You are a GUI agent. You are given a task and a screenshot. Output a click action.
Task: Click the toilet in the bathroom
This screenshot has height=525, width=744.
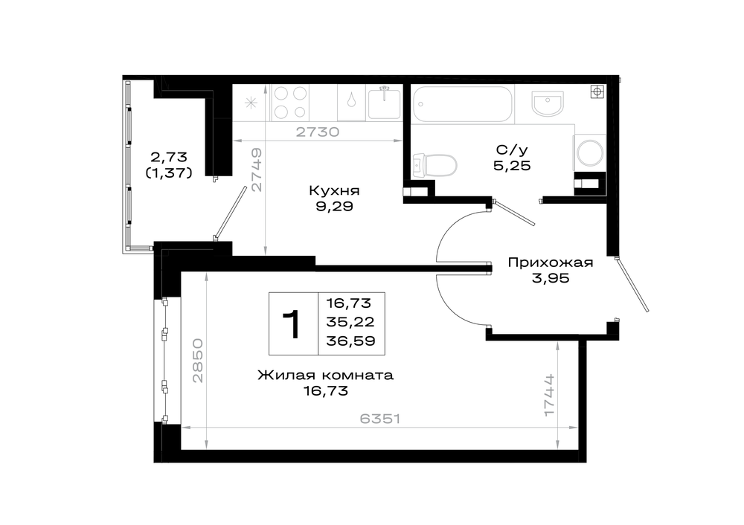(435, 165)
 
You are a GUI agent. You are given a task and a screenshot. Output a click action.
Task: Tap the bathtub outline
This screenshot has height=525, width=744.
(463, 104)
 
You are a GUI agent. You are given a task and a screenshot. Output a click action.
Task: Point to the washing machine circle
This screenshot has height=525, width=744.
(590, 152)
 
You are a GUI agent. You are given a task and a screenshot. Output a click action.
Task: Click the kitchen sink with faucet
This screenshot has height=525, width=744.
(384, 103)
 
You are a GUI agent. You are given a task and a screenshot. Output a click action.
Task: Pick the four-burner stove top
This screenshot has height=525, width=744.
(289, 103)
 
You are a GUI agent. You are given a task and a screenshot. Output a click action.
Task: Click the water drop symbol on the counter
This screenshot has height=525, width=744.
(351, 100)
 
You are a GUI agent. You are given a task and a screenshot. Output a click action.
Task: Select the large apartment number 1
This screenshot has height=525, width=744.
(292, 324)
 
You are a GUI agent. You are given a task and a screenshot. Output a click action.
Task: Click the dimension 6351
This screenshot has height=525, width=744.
(380, 419)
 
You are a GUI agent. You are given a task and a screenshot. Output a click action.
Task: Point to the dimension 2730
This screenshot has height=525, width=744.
(318, 132)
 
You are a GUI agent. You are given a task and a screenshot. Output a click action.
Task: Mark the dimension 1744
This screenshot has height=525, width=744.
(549, 395)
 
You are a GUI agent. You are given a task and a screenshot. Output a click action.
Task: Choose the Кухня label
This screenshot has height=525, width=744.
(334, 190)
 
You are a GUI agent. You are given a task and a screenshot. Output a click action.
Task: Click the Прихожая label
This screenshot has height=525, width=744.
(551, 262)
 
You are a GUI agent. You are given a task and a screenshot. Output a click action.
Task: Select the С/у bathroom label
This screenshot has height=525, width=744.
(512, 150)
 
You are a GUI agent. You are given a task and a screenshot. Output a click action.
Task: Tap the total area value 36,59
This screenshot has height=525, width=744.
(350, 341)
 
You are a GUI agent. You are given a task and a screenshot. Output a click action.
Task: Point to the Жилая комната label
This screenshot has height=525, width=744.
(326, 375)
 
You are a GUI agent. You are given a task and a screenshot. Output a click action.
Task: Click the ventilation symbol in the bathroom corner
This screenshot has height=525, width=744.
(597, 91)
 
